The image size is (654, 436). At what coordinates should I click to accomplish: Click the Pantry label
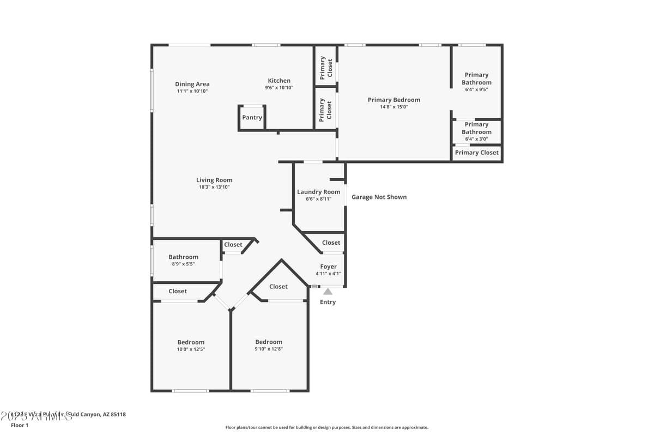click(252, 118)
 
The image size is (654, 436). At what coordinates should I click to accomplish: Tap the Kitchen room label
click(279, 81)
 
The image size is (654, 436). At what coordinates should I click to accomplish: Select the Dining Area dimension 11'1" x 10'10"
click(192, 91)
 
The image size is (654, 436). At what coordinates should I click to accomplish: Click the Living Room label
click(214, 180)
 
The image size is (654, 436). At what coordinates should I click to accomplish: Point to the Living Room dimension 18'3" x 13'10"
click(214, 187)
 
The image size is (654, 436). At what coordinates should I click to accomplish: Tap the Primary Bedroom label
click(393, 100)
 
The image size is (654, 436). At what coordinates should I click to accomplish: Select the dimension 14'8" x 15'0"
click(393, 107)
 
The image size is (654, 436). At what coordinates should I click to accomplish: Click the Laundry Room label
click(318, 192)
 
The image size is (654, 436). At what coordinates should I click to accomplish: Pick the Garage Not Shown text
click(379, 197)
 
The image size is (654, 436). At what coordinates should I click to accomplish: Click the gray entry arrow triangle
click(328, 292)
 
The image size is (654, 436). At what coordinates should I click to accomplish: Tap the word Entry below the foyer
click(328, 302)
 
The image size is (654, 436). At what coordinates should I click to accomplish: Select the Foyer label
click(328, 267)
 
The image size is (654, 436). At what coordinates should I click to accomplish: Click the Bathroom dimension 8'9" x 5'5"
click(183, 264)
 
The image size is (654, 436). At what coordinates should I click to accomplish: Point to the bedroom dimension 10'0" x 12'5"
click(191, 349)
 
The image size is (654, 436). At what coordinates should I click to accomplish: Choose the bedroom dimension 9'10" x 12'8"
click(269, 349)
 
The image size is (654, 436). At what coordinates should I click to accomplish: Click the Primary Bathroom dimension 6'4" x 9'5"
click(476, 90)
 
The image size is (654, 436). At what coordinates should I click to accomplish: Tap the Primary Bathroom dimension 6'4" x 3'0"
click(476, 139)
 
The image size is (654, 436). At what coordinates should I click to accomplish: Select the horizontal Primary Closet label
click(476, 153)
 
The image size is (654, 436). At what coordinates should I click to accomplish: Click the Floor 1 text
click(19, 425)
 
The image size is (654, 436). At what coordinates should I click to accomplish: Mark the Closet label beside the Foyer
click(331, 243)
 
